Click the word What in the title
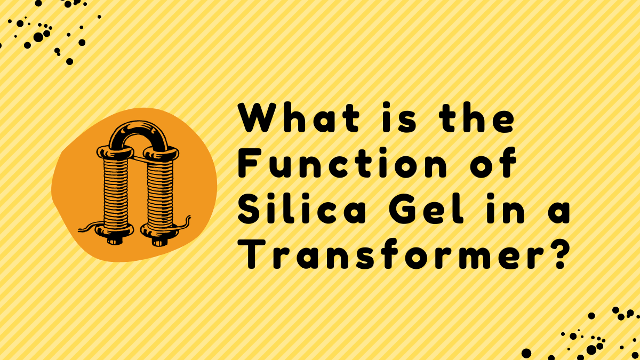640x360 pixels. point(298,117)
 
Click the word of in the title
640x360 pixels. point(493,163)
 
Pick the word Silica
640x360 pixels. point(301,209)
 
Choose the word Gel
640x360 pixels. point(426,209)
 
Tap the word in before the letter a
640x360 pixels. point(505,209)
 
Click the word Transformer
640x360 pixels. point(390,254)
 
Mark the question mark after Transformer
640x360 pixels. point(557,253)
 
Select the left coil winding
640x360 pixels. point(115,194)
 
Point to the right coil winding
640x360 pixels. point(161,194)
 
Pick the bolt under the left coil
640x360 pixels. point(115,241)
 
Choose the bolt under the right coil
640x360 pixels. point(159,242)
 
